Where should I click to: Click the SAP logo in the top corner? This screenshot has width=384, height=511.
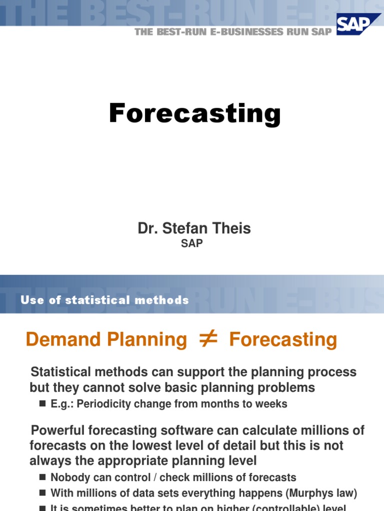(358, 24)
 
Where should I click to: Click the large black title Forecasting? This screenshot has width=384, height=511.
(194, 113)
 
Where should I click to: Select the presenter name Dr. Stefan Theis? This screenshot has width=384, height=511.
(194, 229)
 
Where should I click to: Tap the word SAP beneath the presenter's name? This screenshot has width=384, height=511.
(192, 243)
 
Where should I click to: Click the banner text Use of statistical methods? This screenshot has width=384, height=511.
(105, 300)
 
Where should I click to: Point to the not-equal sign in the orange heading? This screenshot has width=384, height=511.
(208, 339)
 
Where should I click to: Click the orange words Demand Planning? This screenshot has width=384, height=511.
(106, 340)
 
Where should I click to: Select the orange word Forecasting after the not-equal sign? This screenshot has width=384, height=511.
(283, 340)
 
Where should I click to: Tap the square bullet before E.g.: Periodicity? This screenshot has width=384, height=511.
(42, 404)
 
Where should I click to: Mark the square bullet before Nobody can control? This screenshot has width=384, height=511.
(42, 478)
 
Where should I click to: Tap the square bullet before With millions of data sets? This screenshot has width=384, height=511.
(42, 494)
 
